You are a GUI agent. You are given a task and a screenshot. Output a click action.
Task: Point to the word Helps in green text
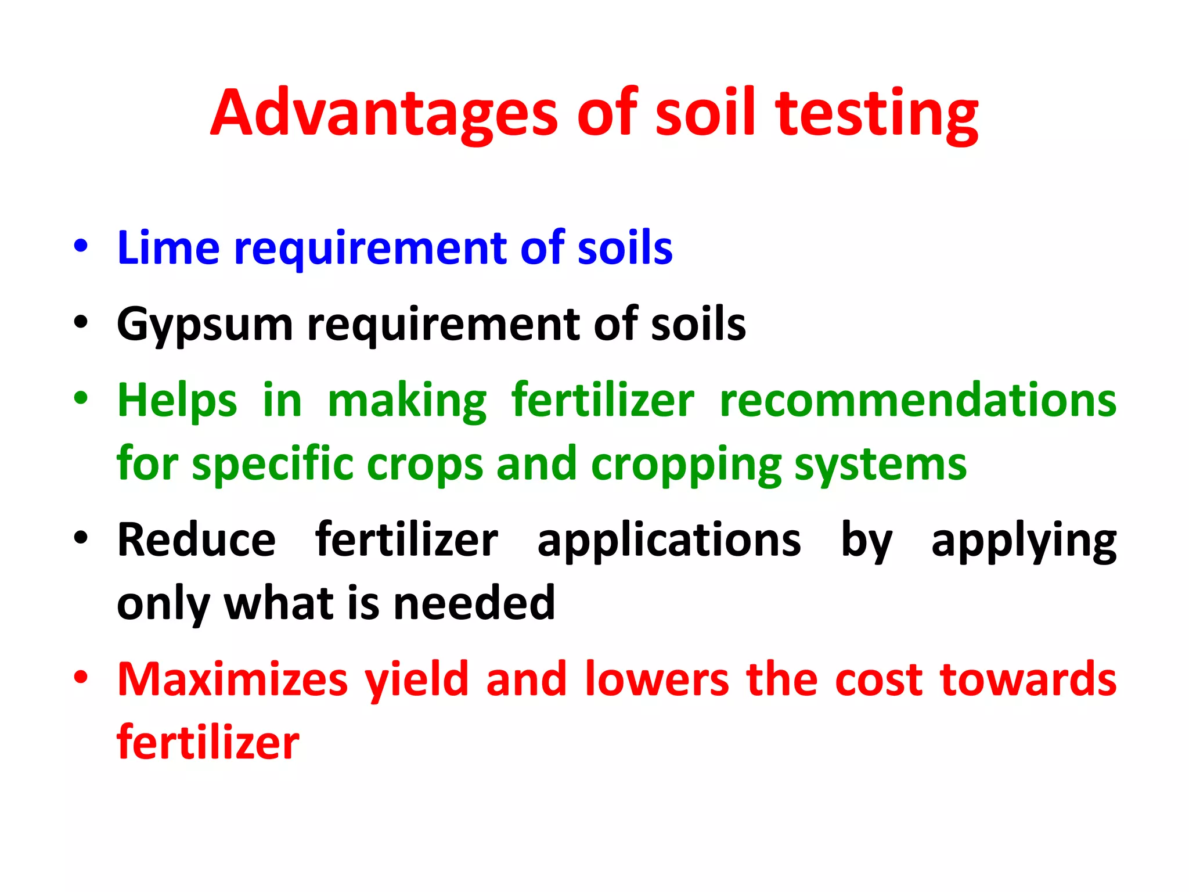pyautogui.click(x=177, y=401)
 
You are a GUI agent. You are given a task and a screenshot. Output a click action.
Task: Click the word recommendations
pyautogui.click(x=918, y=401)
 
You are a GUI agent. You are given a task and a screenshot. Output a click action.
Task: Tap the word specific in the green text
pyautogui.click(x=273, y=465)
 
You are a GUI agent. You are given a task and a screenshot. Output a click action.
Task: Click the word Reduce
pyautogui.click(x=196, y=540)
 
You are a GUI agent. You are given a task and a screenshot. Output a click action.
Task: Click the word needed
pyautogui.click(x=474, y=603)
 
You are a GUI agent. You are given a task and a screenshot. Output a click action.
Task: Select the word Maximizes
pyautogui.click(x=232, y=679)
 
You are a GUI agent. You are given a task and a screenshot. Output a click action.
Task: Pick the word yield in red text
pyautogui.click(x=416, y=679)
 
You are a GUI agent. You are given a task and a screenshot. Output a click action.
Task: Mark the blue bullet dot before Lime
pyautogui.click(x=81, y=246)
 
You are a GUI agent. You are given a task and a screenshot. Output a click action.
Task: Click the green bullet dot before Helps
pyautogui.click(x=81, y=398)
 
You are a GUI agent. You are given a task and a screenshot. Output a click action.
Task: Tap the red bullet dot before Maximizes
pyautogui.click(x=81, y=677)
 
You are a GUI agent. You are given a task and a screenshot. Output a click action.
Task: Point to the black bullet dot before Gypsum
pyautogui.click(x=81, y=322)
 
